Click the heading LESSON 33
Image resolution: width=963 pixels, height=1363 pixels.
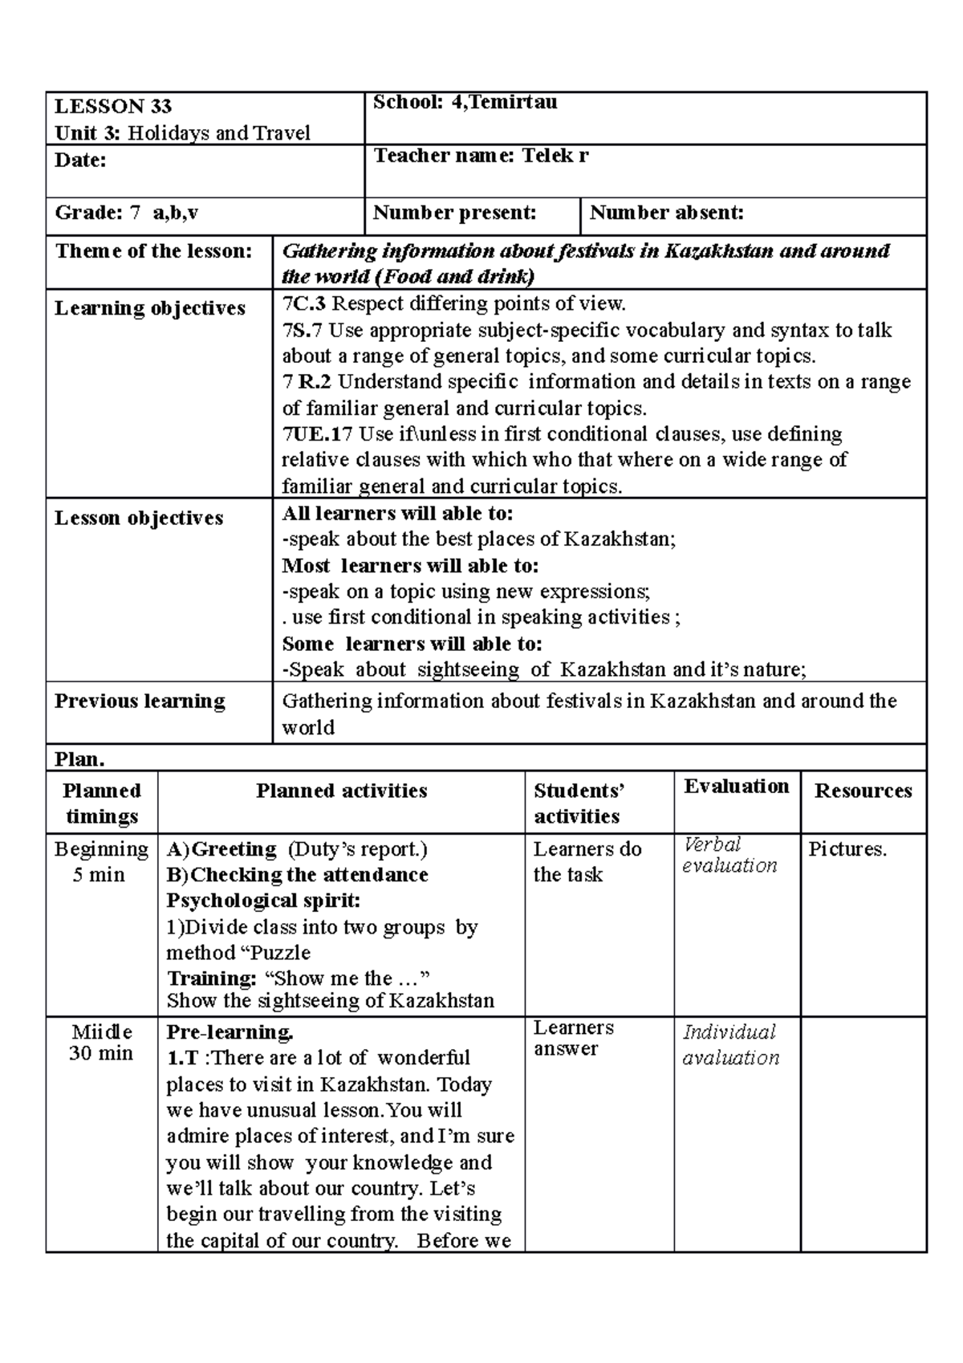tap(113, 107)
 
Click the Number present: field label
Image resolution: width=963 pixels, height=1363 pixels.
tap(454, 213)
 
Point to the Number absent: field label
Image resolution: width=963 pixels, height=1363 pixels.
tap(666, 213)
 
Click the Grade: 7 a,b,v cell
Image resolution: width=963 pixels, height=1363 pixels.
tap(127, 213)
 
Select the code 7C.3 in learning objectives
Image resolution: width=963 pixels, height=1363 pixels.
tap(304, 303)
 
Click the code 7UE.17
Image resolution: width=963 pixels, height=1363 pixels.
tap(317, 434)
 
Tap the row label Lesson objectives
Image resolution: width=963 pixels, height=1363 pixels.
tap(139, 518)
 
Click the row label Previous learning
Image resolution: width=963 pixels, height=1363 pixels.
tap(140, 701)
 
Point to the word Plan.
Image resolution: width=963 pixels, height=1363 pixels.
tap(79, 759)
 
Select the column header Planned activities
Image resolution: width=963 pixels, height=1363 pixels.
tap(342, 791)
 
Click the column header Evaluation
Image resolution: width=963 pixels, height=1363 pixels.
tap(736, 786)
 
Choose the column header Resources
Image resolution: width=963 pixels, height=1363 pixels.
tap(863, 791)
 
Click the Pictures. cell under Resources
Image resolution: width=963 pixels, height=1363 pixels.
tap(847, 849)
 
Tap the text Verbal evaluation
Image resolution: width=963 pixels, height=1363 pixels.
tap(729, 855)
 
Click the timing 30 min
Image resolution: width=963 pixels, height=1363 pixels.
tap(101, 1053)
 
